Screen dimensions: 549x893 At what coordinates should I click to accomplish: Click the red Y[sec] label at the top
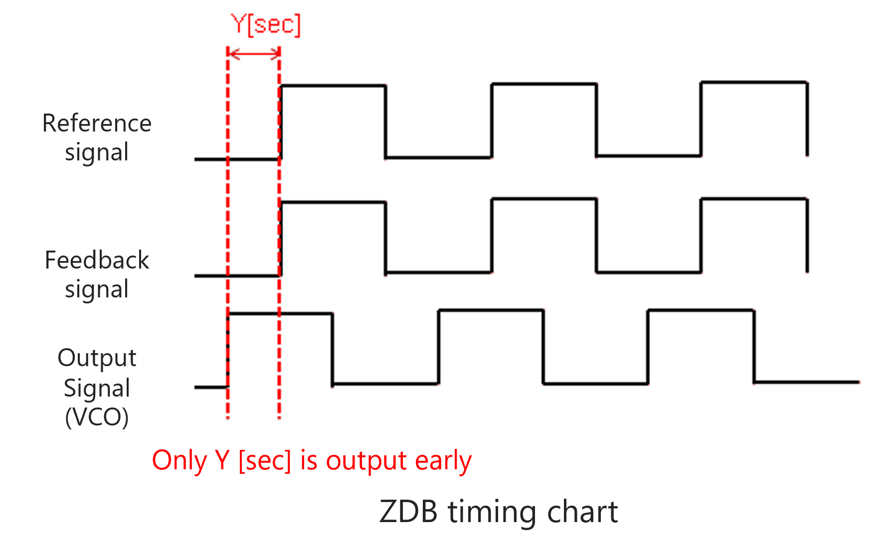tap(266, 24)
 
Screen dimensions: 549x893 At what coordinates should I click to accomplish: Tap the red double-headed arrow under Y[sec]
tap(254, 53)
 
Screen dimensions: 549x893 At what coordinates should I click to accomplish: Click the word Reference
tap(97, 123)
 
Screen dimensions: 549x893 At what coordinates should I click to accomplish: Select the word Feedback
tap(97, 260)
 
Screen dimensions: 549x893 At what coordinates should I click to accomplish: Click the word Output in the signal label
tap(97, 358)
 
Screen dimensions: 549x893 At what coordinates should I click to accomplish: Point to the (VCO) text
tap(97, 417)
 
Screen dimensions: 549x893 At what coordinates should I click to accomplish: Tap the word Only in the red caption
tap(179, 460)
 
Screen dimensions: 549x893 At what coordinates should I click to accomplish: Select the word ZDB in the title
tap(408, 512)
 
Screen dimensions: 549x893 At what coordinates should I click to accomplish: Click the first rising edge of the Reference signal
tap(281, 122)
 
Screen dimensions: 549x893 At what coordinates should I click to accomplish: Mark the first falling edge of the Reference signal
tap(385, 122)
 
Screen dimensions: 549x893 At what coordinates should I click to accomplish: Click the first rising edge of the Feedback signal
tap(281, 238)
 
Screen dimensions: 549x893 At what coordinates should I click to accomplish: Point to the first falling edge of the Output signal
tap(333, 349)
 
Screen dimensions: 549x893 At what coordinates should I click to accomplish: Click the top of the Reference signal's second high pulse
tap(544, 84)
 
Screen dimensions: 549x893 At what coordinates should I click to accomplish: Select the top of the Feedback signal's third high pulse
tap(754, 199)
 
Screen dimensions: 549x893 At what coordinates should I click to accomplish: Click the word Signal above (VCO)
tap(97, 388)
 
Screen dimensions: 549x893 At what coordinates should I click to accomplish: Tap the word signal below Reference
tap(97, 152)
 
